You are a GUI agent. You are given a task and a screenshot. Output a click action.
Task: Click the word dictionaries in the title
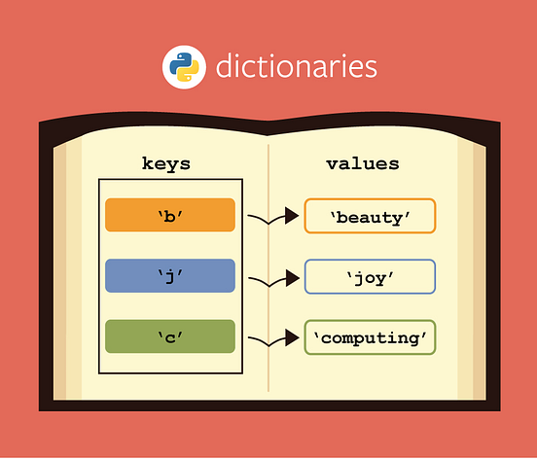(x=296, y=68)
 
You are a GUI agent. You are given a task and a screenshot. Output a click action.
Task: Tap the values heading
(x=362, y=163)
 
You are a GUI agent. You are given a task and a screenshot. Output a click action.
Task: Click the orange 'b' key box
(x=170, y=215)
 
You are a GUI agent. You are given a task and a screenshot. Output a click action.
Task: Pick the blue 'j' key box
(x=170, y=276)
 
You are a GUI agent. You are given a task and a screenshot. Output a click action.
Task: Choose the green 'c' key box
(x=170, y=336)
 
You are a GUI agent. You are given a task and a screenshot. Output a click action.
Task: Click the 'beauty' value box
(x=370, y=216)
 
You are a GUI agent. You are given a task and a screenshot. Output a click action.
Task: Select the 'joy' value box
(x=370, y=277)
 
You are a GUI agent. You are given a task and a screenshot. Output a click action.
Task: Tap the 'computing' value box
(x=370, y=337)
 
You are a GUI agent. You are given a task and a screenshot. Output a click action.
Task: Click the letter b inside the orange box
(x=170, y=215)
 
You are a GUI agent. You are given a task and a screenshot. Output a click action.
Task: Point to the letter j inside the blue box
(x=170, y=276)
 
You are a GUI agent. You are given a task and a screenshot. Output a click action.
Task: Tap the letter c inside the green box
(x=170, y=336)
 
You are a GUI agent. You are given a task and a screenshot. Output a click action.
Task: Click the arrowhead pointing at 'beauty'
(x=291, y=216)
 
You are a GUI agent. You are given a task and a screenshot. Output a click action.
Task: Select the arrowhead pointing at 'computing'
(x=291, y=338)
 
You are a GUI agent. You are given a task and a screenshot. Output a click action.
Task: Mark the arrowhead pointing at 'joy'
(x=291, y=278)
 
